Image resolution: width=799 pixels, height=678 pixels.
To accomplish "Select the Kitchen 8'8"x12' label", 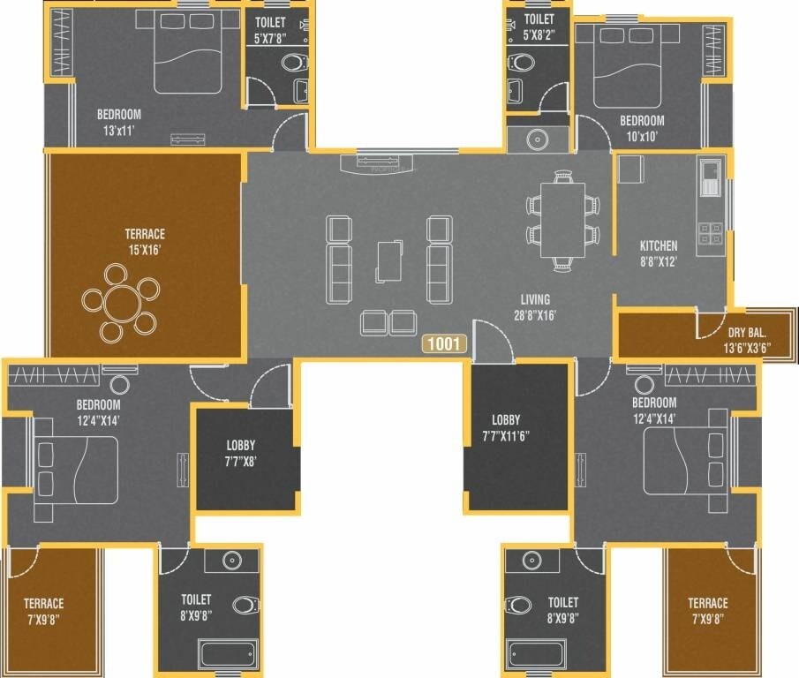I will [x=659, y=252].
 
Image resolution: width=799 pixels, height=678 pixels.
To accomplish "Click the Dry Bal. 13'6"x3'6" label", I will [x=747, y=339].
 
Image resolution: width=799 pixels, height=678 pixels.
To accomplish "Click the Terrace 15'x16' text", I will [x=145, y=241].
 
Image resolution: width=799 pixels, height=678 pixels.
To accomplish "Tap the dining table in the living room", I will [x=562, y=219].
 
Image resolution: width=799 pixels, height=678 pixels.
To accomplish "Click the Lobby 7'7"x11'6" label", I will [x=506, y=427].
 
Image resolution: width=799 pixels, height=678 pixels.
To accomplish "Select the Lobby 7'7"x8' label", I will [x=240, y=452].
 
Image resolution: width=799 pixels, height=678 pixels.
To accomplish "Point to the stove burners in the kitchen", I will [x=711, y=233].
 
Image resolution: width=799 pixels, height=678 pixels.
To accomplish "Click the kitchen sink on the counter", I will [x=710, y=177].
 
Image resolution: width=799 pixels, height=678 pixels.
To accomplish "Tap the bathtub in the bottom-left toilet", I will [x=228, y=654].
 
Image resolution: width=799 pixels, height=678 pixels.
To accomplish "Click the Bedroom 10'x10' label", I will [x=641, y=128].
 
